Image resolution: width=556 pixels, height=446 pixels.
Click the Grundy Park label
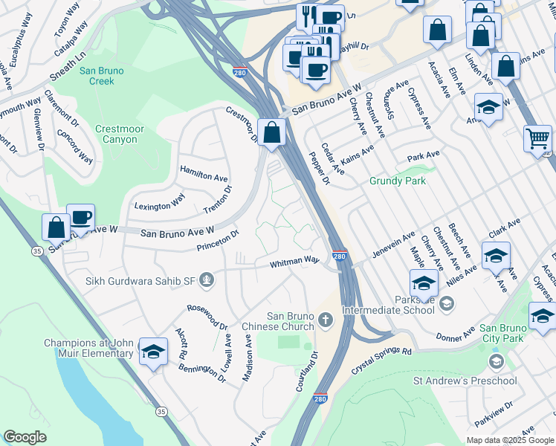tap(398, 181)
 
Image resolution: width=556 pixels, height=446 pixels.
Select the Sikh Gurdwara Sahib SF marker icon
tap(208, 279)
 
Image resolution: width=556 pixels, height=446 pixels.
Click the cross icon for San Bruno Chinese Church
tap(325, 320)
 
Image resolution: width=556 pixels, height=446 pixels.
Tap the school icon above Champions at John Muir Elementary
tap(153, 352)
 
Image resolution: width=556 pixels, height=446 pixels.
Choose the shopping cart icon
tap(537, 138)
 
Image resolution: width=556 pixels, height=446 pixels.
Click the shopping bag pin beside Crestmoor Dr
tap(273, 133)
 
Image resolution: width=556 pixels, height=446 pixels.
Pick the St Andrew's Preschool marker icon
tap(496, 362)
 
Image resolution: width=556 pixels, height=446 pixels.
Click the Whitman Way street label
tap(294, 262)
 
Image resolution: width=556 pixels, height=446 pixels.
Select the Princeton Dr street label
tap(218, 239)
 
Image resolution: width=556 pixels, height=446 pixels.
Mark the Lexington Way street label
tap(159, 202)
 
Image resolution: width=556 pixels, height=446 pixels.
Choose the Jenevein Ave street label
tap(393, 245)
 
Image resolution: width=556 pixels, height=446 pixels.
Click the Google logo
tap(25, 437)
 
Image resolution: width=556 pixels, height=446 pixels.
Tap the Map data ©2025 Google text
tap(509, 440)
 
